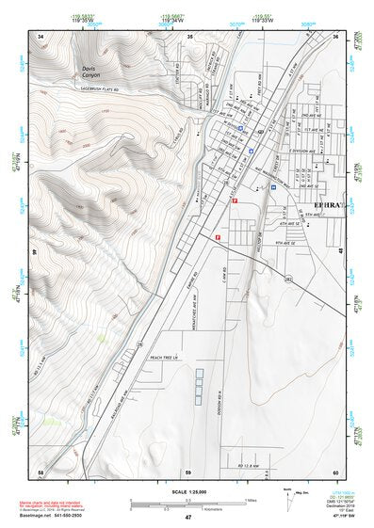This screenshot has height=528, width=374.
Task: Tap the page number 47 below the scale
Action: pyautogui.click(x=187, y=517)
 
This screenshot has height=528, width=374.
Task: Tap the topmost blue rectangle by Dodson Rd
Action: pyautogui.click(x=200, y=373)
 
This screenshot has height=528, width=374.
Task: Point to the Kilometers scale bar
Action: pyautogui.click(x=187, y=505)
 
